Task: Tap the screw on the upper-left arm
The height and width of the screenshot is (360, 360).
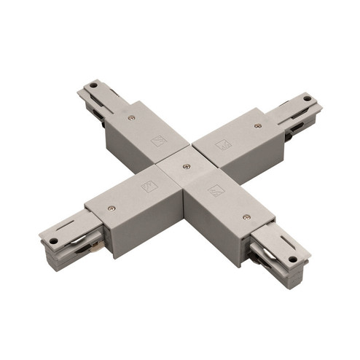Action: (130, 117)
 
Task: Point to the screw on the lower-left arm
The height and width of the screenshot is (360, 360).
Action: (111, 208)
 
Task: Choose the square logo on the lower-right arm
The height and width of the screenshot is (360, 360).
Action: (216, 191)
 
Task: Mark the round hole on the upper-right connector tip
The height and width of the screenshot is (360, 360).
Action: (308, 98)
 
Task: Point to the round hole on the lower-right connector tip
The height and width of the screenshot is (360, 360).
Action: (292, 258)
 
